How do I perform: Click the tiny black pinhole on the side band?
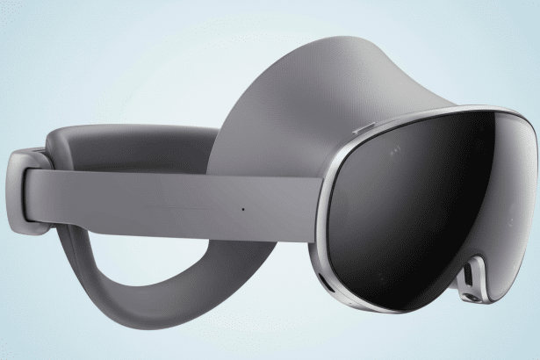click(x=243, y=209)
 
